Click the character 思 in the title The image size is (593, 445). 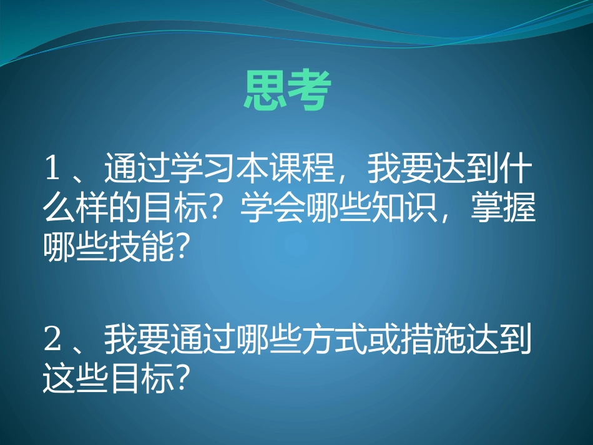point(265,92)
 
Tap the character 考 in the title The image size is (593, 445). point(307,92)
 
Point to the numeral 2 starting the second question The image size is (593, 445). point(52,340)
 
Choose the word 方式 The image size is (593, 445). point(333,340)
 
